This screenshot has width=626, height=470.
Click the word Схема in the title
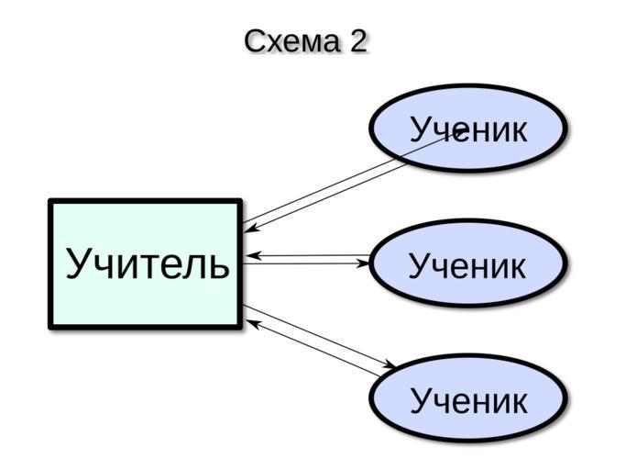(290, 41)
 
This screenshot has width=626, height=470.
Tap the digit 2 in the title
(357, 41)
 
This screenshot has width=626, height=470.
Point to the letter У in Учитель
(79, 264)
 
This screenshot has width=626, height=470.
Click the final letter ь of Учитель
(217, 264)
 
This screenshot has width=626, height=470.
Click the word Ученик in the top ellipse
(468, 129)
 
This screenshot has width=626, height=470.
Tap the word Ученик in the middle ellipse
(468, 266)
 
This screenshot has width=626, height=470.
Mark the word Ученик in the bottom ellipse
(468, 401)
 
